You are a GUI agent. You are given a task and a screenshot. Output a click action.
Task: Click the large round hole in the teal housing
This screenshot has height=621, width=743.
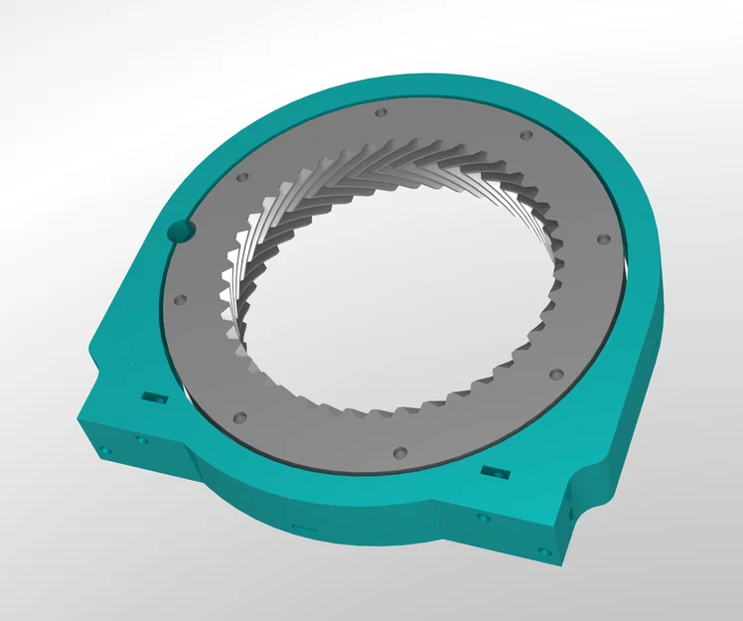coord(182,232)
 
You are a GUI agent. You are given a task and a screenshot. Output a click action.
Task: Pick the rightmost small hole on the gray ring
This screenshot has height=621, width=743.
coord(602,239)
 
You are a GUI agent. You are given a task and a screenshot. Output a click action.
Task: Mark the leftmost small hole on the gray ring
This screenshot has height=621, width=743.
coord(179,298)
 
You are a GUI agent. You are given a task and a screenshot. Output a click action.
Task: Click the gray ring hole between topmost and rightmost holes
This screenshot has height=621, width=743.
coord(525,135)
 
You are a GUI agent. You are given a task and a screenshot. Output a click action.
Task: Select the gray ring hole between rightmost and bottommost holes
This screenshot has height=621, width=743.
coord(556,375)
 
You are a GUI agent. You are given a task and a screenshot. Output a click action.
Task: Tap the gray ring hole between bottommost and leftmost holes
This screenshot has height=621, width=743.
coord(238,415)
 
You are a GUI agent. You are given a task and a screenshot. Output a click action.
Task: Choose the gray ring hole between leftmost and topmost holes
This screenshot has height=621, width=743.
coord(241,177)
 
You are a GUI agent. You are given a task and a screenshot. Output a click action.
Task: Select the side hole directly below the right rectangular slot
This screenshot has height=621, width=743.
coord(483,518)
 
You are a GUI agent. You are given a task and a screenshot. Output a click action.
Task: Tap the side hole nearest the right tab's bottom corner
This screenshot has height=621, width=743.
coord(543,550)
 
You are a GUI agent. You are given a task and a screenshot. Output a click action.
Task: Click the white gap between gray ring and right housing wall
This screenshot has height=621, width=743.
coord(628,268)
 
